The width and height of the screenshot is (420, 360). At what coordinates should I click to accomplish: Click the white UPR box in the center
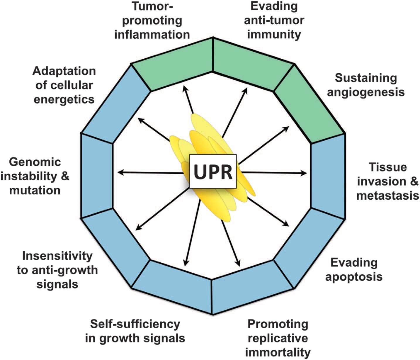tap(213, 171)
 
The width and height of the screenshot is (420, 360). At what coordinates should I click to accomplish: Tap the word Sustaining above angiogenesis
tap(366, 78)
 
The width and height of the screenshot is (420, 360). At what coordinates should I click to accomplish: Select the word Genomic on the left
tap(35, 162)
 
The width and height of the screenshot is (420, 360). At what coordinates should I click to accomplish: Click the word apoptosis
tap(354, 277)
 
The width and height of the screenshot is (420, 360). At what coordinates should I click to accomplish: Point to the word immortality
tap(278, 352)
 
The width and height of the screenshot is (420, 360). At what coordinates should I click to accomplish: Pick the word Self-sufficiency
tap(135, 324)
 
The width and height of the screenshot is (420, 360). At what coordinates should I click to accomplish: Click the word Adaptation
tap(64, 71)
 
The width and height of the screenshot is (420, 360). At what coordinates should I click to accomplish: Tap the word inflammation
tap(152, 35)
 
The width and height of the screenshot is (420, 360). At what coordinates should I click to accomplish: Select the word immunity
tap(274, 34)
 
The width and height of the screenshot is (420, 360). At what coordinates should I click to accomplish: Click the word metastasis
tap(388, 196)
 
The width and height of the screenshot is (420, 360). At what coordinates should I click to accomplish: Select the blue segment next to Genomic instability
tap(97, 176)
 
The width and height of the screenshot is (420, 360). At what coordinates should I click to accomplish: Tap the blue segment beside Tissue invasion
tap(328, 176)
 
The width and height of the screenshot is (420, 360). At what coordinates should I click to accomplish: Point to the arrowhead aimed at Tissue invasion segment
tap(304, 173)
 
